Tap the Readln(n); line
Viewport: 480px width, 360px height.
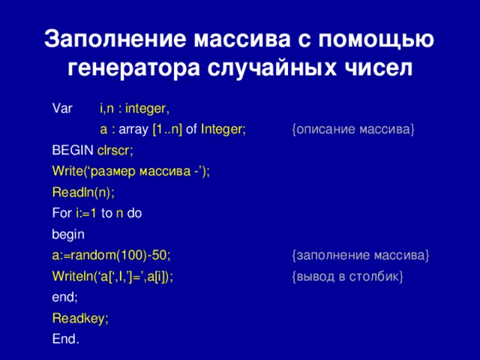83,192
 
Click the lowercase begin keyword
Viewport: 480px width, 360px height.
68,235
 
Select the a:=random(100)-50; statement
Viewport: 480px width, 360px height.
116,256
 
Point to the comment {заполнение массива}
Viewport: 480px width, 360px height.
360,256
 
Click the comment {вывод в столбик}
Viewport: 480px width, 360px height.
348,277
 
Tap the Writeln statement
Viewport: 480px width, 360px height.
112,277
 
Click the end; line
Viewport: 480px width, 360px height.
65,298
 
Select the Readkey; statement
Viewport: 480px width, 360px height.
80,319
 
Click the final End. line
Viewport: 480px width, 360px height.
66,340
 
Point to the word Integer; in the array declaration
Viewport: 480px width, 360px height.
223,129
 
